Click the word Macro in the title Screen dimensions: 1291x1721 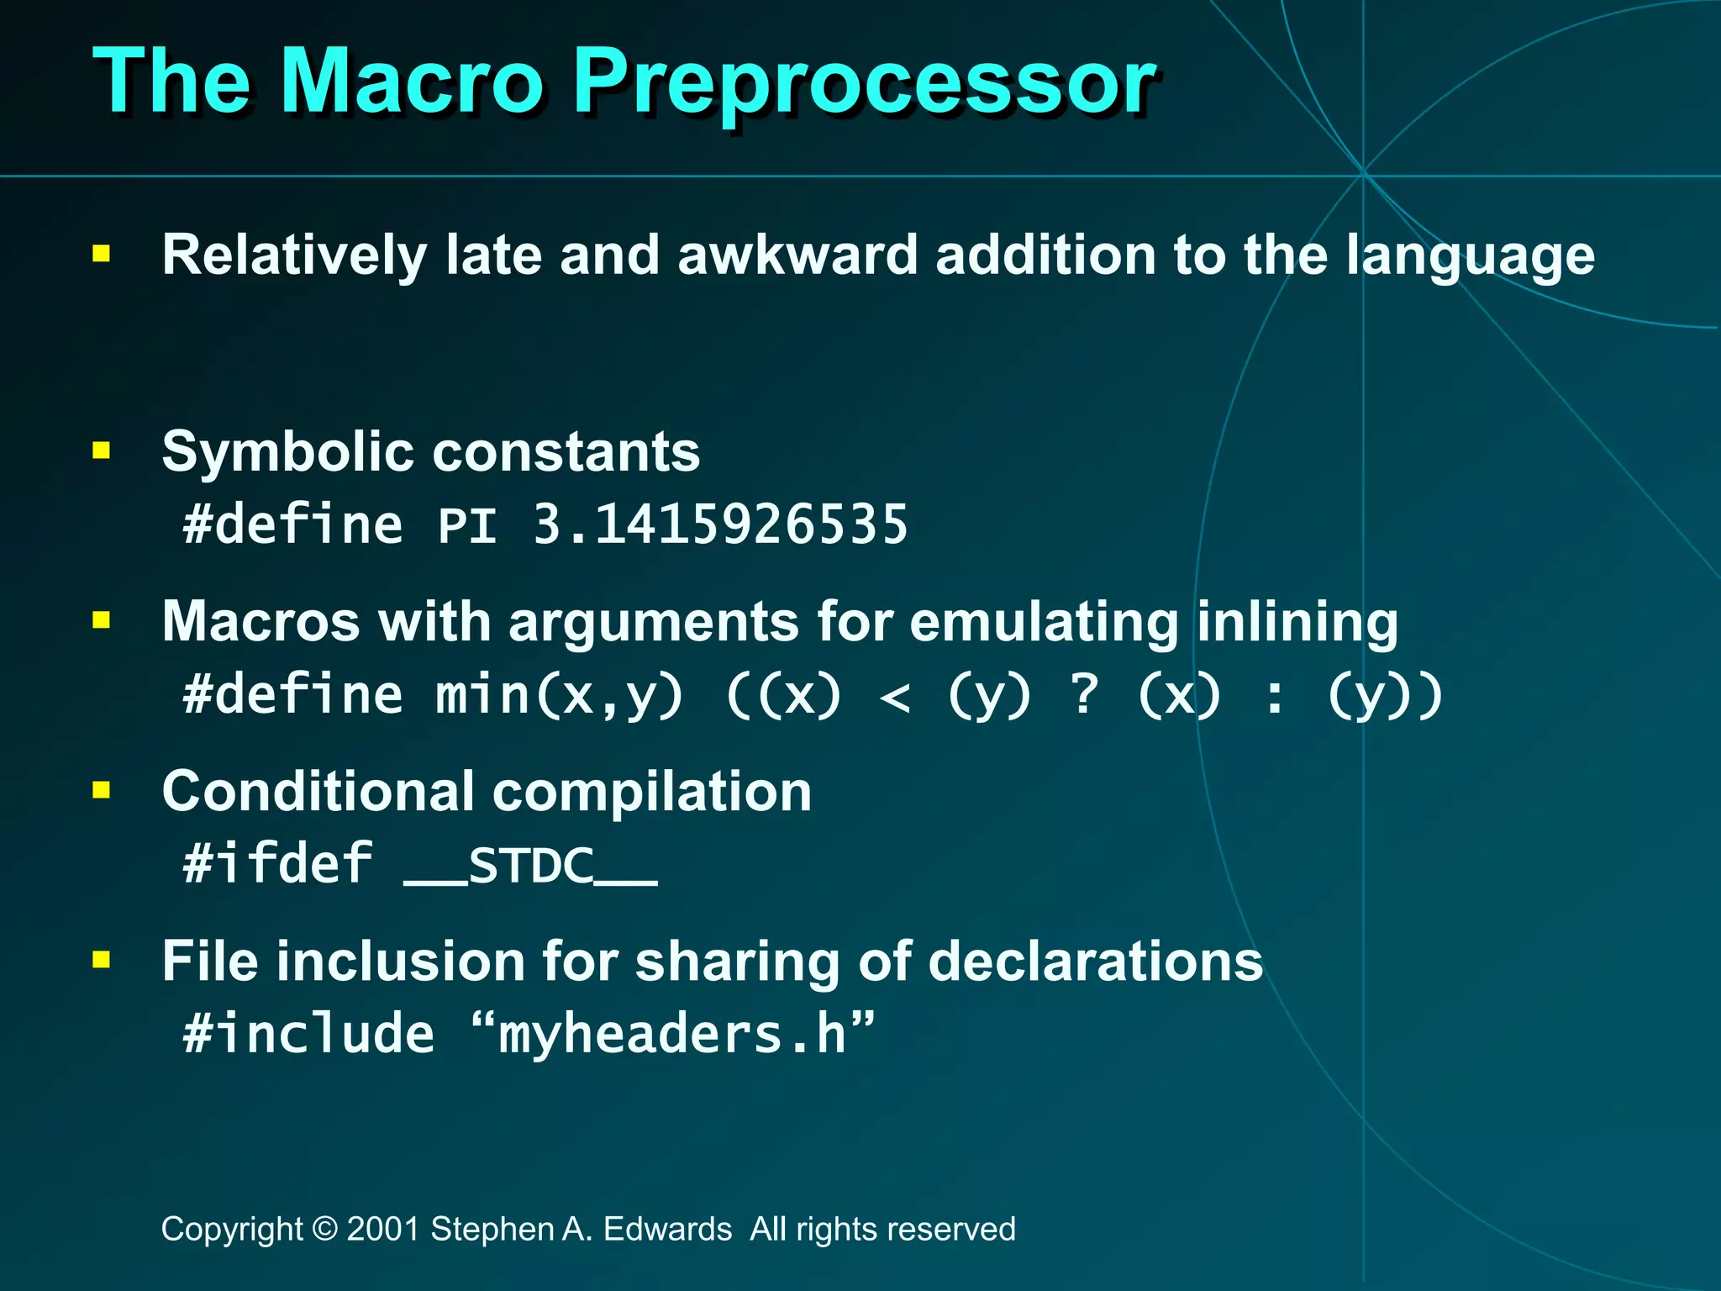tap(412, 82)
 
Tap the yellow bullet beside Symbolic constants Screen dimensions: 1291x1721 tap(102, 451)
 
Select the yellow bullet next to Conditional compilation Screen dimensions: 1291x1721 tap(102, 790)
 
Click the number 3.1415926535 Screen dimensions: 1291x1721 tap(720, 525)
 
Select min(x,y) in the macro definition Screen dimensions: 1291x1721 tap(560, 696)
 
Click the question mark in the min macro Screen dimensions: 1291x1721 tap(1085, 696)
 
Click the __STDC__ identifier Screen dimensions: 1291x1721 tap(530, 866)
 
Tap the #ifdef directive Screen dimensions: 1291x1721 tap(278, 864)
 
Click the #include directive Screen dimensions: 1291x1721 tap(309, 1034)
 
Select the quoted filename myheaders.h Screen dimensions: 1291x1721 tap(672, 1034)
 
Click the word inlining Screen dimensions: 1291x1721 tap(1297, 623)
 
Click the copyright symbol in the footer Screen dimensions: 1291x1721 tap(324, 1229)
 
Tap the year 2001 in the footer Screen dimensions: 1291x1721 tap(383, 1229)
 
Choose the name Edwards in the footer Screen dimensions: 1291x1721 tap(667, 1229)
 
